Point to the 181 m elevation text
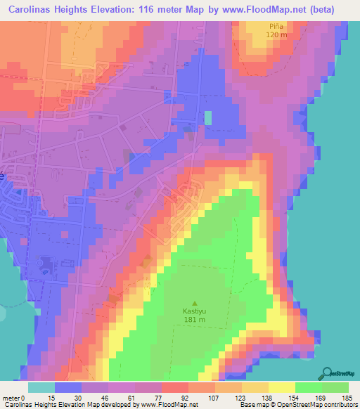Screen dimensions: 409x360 195,320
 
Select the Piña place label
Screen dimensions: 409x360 275,25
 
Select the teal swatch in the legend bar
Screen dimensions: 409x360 41,387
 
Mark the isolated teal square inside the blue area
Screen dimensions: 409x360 208,118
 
